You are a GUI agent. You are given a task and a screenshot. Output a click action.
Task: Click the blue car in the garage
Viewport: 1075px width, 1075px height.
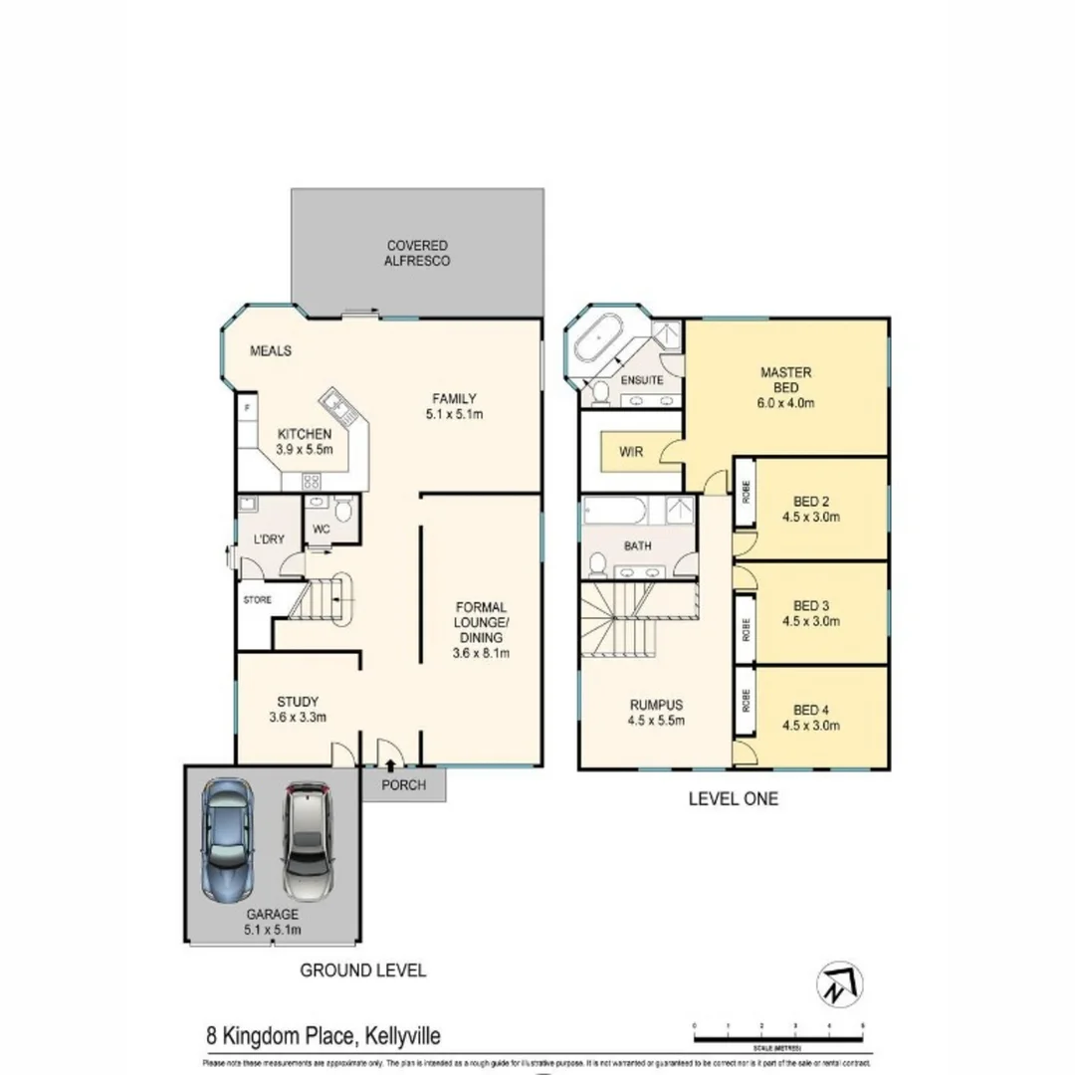tap(227, 839)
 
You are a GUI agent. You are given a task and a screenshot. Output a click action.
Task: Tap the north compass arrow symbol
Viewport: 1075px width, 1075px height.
tap(840, 985)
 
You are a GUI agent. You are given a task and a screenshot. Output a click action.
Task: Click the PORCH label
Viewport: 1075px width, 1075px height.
tap(404, 785)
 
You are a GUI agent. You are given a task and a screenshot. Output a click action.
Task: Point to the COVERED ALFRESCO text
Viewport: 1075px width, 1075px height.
tap(418, 253)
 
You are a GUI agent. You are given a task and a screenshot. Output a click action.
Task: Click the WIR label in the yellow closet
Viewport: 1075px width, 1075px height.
tap(631, 452)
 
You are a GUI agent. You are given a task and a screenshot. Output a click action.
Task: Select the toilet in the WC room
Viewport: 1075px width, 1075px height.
tap(342, 513)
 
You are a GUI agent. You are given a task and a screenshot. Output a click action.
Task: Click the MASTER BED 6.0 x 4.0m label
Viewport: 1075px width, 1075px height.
tap(786, 388)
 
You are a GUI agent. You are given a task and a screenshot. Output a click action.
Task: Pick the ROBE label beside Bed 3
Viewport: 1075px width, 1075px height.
tap(746, 629)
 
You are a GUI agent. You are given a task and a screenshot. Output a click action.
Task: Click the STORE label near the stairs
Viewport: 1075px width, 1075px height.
tap(258, 600)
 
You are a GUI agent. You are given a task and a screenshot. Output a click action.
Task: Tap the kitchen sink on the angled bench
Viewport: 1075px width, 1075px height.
tap(335, 407)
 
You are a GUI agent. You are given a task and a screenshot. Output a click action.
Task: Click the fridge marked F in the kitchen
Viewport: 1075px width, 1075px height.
tap(246, 408)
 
